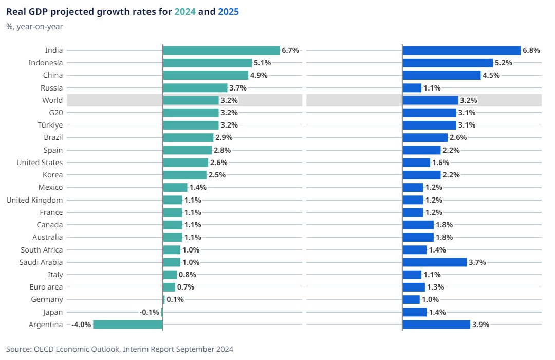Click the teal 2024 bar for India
tap(221, 50)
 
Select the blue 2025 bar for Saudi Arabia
tap(434, 262)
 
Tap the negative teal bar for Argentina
tap(128, 325)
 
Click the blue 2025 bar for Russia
tap(412, 88)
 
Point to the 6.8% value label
tap(531, 50)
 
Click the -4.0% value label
tap(81, 325)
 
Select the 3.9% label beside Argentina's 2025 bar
tap(481, 325)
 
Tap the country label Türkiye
tap(51, 125)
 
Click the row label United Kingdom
tap(34, 200)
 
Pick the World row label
tap(53, 100)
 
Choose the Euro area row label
tap(46, 287)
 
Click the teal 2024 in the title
tap(185, 11)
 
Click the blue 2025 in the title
tap(228, 11)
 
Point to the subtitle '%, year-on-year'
tap(34, 27)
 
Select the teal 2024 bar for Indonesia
tap(207, 63)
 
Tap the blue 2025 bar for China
tap(441, 75)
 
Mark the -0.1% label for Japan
tap(149, 312)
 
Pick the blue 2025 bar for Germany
tap(411, 299)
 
